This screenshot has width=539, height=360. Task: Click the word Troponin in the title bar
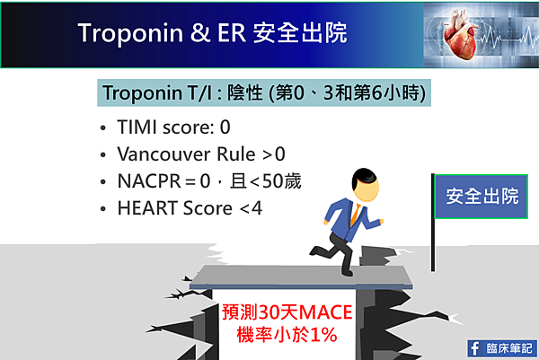[130, 33]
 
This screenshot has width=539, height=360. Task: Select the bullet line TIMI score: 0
[173, 127]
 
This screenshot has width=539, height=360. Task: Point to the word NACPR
[149, 181]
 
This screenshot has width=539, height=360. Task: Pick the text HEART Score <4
[190, 208]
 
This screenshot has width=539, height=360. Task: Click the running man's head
[365, 185]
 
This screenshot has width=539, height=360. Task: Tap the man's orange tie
[356, 215]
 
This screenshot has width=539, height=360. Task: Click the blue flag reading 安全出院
[482, 197]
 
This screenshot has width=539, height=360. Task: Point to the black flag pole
[433, 223]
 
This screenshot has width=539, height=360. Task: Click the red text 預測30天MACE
[287, 312]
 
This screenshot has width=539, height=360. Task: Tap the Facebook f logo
[475, 348]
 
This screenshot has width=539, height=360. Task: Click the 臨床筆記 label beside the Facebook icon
[509, 348]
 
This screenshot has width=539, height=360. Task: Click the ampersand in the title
[200, 33]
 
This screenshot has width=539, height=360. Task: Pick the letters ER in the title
[232, 33]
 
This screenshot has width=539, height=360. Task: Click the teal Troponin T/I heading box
[264, 92]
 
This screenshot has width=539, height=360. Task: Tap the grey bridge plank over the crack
[301, 277]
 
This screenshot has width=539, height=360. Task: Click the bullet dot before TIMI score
[103, 128]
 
